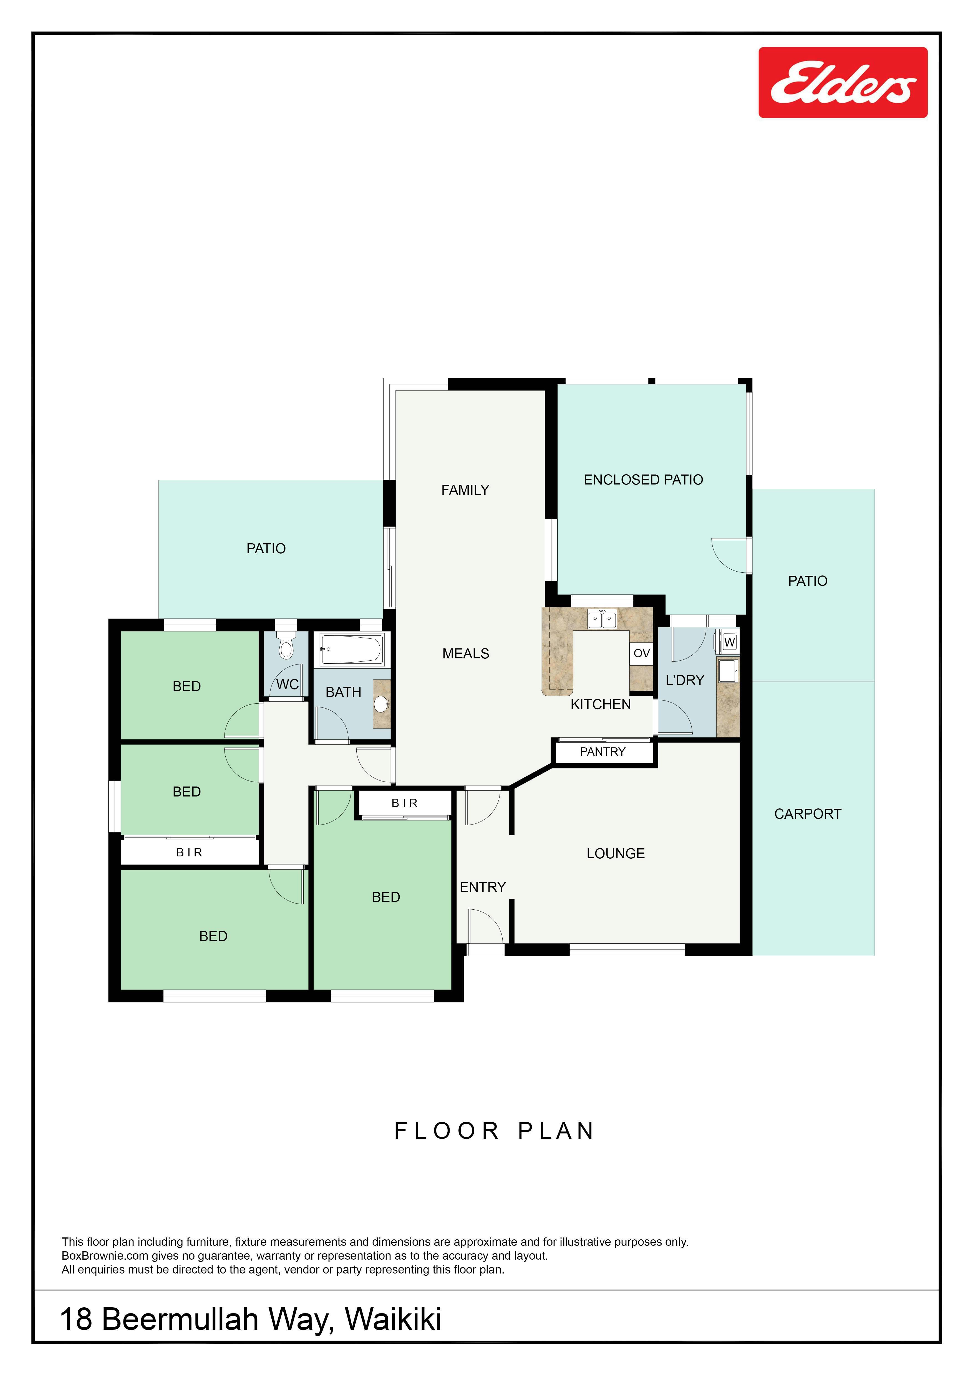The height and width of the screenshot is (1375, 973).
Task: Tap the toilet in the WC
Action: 286,644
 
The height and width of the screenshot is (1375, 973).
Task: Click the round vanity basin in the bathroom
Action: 381,704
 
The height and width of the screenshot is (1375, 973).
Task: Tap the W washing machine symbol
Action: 729,642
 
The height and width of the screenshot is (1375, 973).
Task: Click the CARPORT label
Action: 808,814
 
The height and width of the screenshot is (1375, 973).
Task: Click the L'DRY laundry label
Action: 685,680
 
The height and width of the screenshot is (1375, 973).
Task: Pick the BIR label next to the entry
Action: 404,803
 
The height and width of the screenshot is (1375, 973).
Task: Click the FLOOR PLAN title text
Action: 494,1131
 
